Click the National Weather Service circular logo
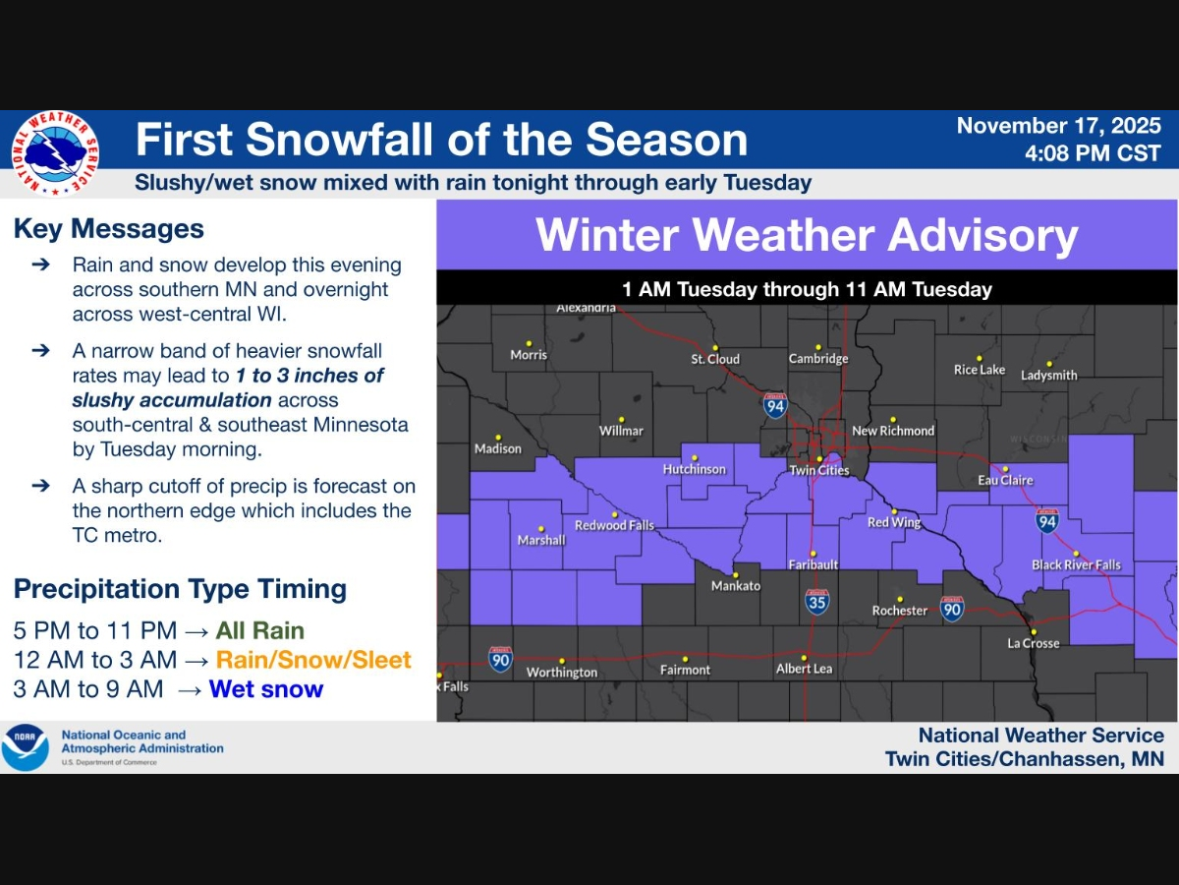(55, 152)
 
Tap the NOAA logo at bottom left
(25, 747)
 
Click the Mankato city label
(736, 586)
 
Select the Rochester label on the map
(899, 611)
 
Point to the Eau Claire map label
(1005, 480)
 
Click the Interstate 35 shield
(816, 601)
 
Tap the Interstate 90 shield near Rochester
(951, 608)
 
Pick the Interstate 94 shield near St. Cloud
(775, 405)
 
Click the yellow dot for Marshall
(540, 528)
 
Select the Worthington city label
(561, 673)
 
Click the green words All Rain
(260, 630)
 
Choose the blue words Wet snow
(266, 689)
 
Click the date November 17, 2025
(1058, 127)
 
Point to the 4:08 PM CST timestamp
(1092, 154)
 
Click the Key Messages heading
(109, 229)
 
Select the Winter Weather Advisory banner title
(807, 236)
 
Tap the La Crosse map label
(1034, 643)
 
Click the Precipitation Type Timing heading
(180, 589)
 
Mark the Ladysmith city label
(1048, 376)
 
